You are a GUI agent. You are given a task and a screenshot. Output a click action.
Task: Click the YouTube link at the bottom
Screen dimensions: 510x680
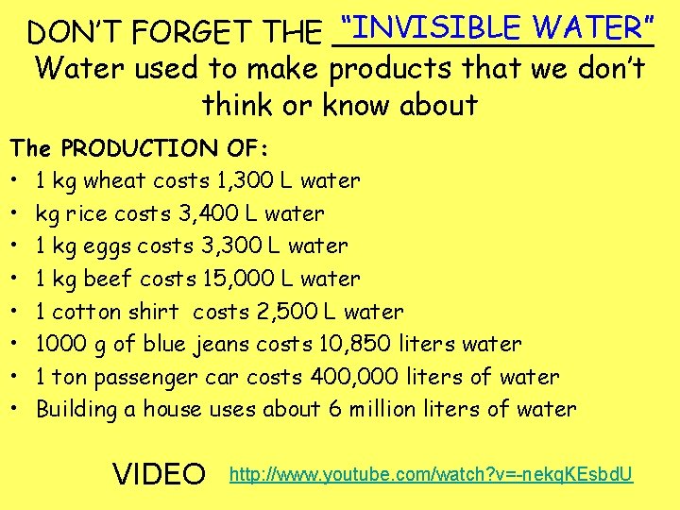click(x=432, y=471)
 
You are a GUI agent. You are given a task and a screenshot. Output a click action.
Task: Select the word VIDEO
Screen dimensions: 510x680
click(x=159, y=472)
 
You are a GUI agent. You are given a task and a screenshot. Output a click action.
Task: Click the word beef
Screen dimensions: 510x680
click(x=108, y=279)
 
